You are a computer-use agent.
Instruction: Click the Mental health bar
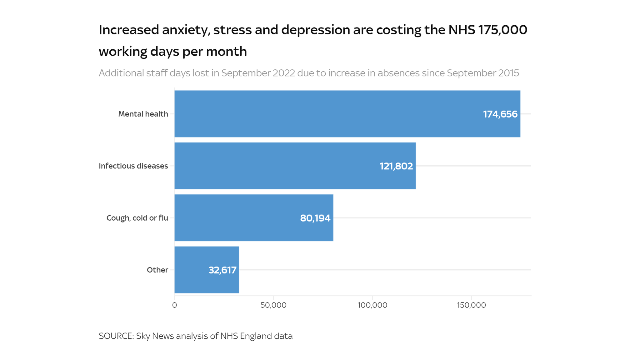pos(328,114)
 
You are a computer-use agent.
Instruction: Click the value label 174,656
pos(500,114)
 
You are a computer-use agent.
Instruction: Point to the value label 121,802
pos(396,166)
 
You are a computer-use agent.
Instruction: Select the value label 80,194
pos(315,218)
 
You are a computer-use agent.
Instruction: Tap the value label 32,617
pos(222,270)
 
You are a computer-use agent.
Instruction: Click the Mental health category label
pos(143,114)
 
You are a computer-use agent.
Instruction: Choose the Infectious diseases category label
pos(133,166)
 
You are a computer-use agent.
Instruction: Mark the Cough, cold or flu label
pos(137,218)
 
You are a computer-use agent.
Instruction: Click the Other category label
pos(157,270)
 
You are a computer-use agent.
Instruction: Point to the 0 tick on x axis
pos(174,305)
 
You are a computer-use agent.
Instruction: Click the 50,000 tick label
pos(273,305)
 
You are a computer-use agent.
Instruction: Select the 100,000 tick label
pos(372,305)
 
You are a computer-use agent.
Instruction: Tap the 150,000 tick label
pos(471,305)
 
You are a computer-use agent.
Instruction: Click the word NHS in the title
pos(461,30)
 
